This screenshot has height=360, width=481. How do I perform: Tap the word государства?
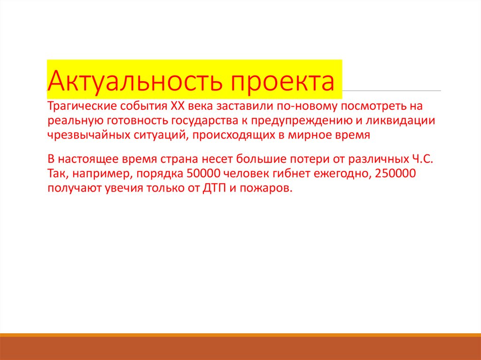206,121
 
